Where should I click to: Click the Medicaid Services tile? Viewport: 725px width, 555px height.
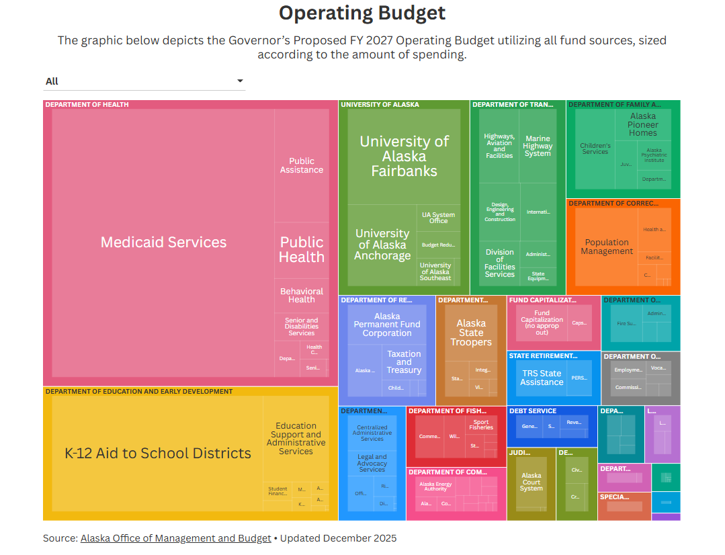tap(163, 242)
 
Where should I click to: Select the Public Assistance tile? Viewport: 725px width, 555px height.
tap(302, 165)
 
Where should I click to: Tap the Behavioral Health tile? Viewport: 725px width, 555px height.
tap(302, 296)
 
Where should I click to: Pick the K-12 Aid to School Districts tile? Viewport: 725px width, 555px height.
tap(157, 454)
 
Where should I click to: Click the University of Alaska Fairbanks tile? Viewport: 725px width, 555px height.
tap(404, 156)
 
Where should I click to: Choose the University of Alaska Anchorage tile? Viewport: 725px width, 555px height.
tap(382, 245)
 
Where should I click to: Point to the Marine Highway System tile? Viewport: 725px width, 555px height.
tap(538, 146)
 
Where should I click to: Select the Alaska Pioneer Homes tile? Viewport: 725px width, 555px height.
tap(642, 125)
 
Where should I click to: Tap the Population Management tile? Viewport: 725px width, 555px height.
tap(607, 247)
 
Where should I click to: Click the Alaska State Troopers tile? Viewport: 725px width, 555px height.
tap(471, 333)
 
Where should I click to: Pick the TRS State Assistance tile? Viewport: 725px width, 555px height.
tap(542, 378)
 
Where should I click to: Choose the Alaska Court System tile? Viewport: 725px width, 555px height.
tap(531, 482)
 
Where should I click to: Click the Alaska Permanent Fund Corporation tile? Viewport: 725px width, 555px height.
tap(387, 325)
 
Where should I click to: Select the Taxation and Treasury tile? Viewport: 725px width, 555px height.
tap(404, 362)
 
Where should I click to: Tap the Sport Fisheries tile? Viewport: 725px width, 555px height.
tap(481, 425)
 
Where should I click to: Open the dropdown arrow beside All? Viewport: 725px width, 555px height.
tap(240, 81)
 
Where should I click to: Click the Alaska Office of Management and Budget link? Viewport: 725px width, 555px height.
tap(176, 538)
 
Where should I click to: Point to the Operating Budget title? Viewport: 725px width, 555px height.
tap(362, 13)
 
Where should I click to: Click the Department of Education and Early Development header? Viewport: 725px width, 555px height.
tap(139, 391)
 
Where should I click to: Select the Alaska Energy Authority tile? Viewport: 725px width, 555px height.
tap(435, 486)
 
